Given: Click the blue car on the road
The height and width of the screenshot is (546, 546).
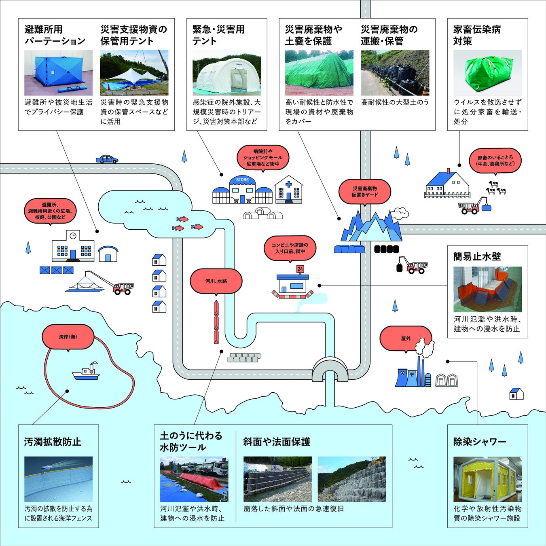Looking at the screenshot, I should coord(107,159).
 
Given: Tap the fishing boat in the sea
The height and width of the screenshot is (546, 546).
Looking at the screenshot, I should coord(86,372).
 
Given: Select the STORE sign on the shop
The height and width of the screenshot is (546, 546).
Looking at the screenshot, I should coord(242,180).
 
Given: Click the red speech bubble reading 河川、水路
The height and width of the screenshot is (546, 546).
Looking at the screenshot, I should coord(216,281).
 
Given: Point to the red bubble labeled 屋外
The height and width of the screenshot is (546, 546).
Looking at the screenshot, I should coord(405,339).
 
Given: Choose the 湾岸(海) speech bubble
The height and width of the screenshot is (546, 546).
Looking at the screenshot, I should coord(68,336).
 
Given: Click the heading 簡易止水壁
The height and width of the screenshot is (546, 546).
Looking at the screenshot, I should coord(477,256).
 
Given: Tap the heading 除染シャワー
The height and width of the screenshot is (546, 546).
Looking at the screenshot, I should coord(480,442).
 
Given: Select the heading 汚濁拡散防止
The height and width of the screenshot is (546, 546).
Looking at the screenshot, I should coord(53,442).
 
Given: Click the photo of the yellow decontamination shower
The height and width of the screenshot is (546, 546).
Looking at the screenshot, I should coord(487,479).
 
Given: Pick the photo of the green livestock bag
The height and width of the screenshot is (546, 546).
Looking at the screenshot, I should coord(487,73).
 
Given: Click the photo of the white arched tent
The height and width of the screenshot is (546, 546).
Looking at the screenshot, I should coord(226,73).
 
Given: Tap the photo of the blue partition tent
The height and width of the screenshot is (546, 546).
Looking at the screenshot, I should coord(58,73).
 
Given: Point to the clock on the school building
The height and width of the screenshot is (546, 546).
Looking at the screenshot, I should coord(73,235).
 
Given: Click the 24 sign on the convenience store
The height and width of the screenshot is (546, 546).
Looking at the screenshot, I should coord(300,269).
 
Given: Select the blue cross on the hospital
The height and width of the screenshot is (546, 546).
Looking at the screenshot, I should coord(289,185).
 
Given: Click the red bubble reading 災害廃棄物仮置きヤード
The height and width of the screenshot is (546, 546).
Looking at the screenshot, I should coord(364,192).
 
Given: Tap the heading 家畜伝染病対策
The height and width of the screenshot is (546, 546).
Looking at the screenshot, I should coord(477,35).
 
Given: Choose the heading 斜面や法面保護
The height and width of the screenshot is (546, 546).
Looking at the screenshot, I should coord(277,442).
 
